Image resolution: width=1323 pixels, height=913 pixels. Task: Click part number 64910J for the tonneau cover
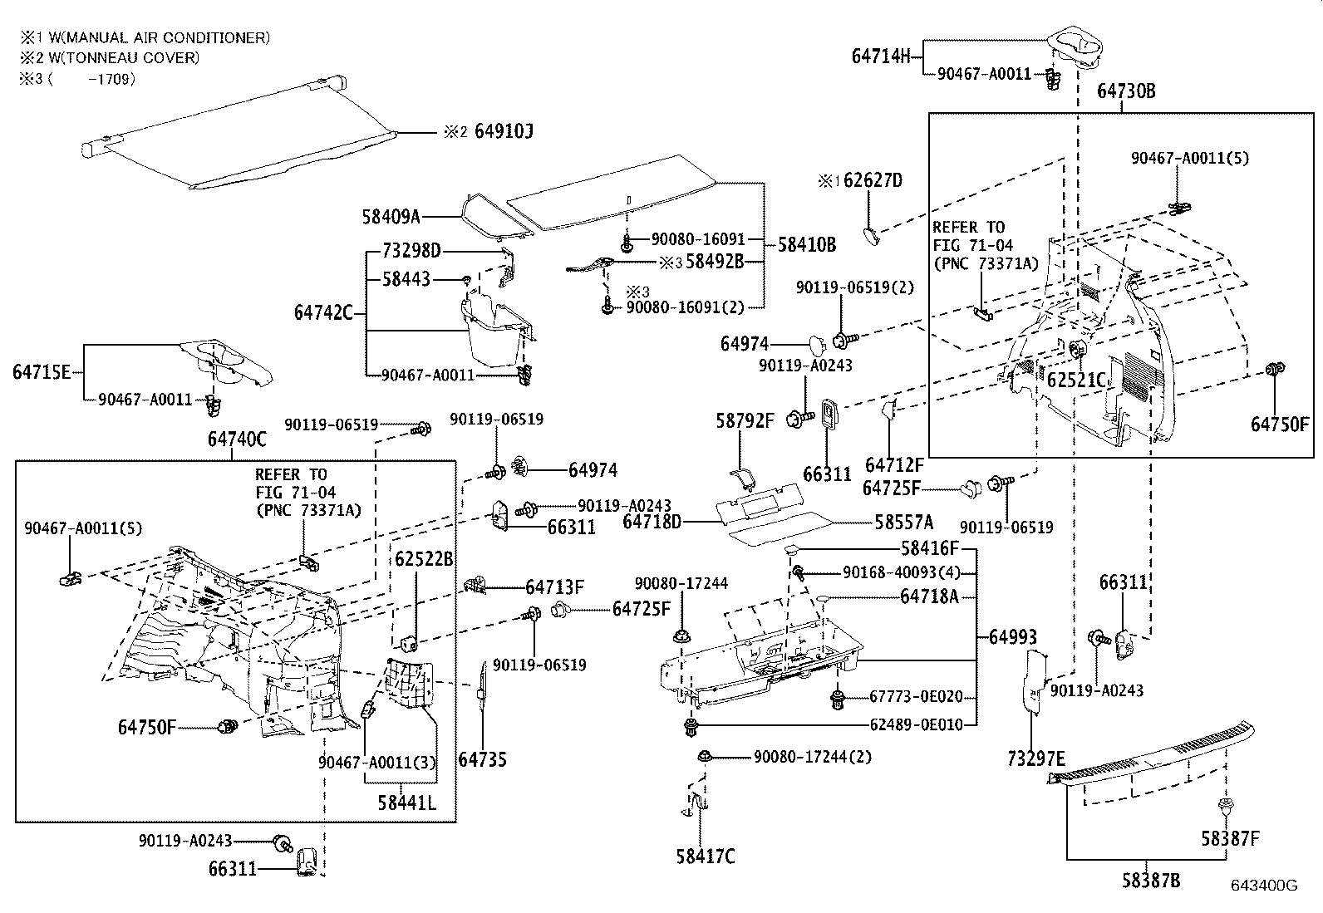(504, 132)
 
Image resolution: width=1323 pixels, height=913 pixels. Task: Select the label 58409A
(391, 217)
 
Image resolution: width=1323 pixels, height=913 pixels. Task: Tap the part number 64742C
(323, 313)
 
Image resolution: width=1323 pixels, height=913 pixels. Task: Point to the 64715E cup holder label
(42, 371)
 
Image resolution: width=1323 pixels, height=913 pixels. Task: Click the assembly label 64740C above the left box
(237, 440)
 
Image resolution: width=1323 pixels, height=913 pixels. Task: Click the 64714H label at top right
(881, 56)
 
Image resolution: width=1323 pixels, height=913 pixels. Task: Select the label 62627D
(873, 180)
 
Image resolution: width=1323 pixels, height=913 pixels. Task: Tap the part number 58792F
(744, 421)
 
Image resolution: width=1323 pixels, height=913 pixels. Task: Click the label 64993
(1013, 637)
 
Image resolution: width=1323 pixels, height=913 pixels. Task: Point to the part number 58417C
(706, 856)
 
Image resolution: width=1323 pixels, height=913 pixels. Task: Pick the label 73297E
(1035, 758)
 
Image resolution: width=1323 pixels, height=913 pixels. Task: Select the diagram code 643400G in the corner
(1264, 886)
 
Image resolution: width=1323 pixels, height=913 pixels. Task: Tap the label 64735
(482, 758)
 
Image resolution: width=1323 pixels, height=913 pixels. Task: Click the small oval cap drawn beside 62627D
(870, 235)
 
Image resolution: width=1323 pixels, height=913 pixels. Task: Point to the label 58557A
(903, 522)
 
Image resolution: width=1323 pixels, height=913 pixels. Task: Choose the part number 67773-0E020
(917, 697)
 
